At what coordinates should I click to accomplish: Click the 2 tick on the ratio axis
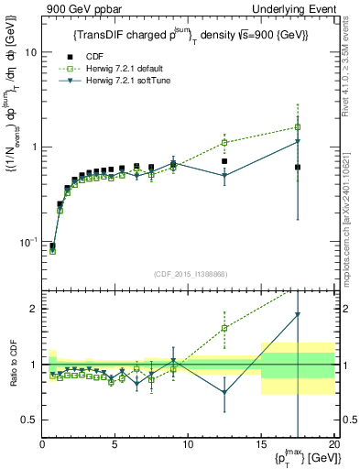(x=34, y=309)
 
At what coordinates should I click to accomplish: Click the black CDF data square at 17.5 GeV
(x=298, y=167)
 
